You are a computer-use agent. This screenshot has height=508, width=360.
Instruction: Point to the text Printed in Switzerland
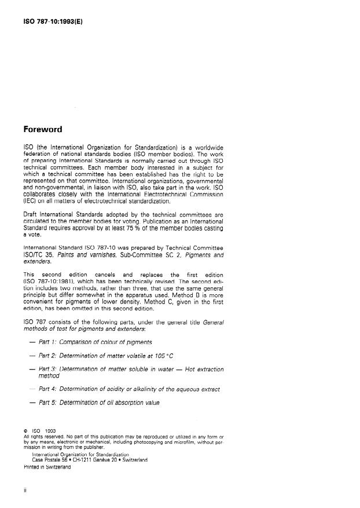tap(47, 466)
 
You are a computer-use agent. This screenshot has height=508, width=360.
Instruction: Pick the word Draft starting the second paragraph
tap(30, 214)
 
